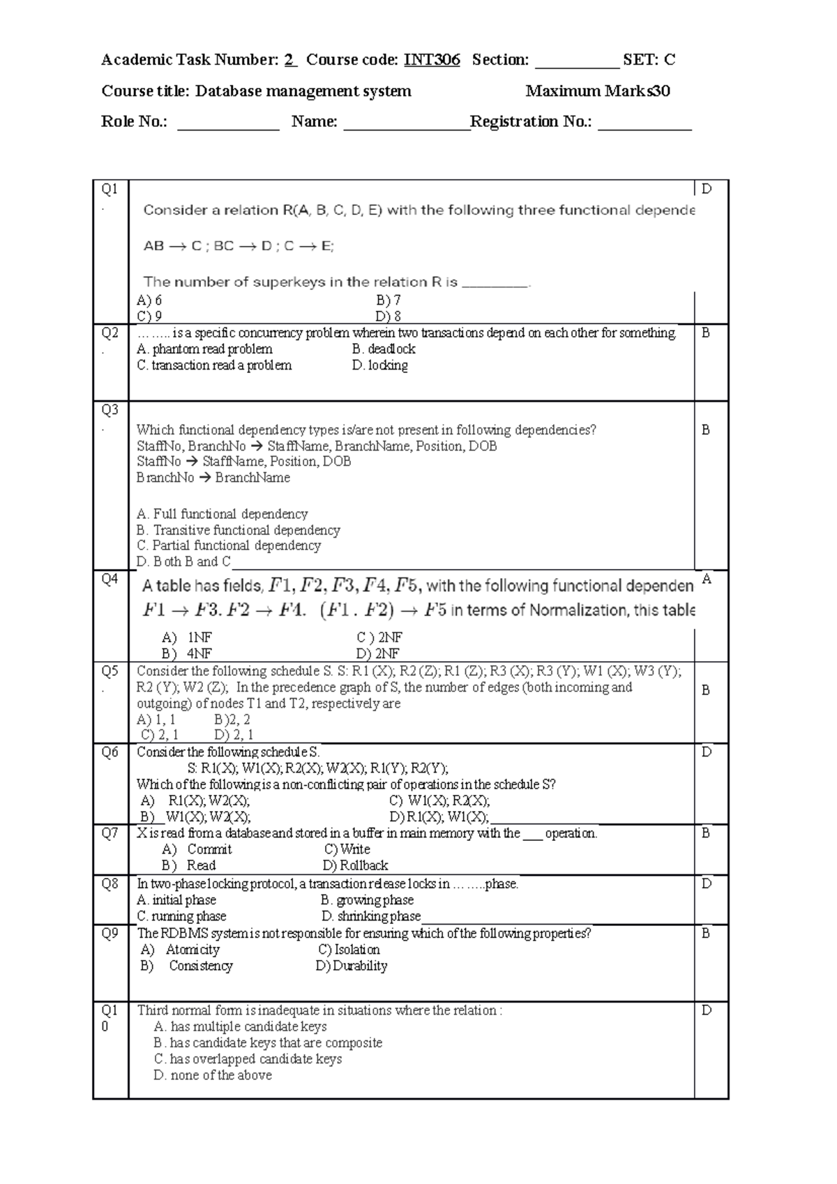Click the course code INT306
432,60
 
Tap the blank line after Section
577,64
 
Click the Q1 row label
110,189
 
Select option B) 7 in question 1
388,301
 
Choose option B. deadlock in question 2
384,349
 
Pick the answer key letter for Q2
706,333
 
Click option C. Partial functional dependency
229,546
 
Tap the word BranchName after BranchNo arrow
252,478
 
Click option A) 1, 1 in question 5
156,720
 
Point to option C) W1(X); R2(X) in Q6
439,800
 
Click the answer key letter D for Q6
707,752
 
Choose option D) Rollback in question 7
355,865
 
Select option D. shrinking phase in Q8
371,916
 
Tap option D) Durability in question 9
351,966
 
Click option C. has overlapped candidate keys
248,1059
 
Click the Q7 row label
110,833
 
